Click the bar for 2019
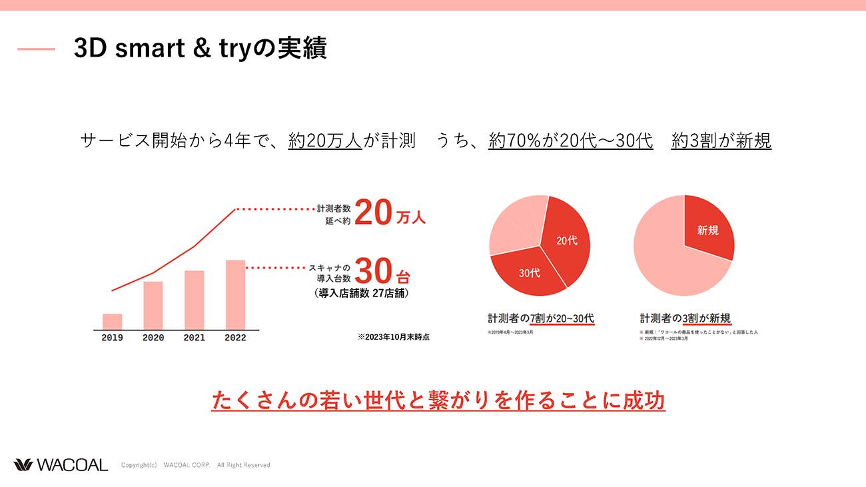pyautogui.click(x=112, y=321)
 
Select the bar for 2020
pyautogui.click(x=153, y=305)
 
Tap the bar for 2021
pyautogui.click(x=195, y=300)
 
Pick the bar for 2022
pyautogui.click(x=235, y=294)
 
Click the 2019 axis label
pyautogui.click(x=112, y=338)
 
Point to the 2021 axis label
pyautogui.click(x=195, y=338)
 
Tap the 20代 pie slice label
pyautogui.click(x=567, y=241)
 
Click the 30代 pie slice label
pyautogui.click(x=530, y=272)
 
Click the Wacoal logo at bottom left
pyautogui.click(x=61, y=465)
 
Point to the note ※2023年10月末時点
pyautogui.click(x=393, y=337)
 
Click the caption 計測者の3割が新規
pyautogui.click(x=685, y=318)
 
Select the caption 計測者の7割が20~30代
pyautogui.click(x=541, y=318)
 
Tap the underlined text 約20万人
pyautogui.click(x=325, y=141)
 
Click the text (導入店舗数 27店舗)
pyautogui.click(x=361, y=293)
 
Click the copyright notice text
pyautogui.click(x=195, y=465)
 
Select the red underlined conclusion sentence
pyautogui.click(x=438, y=401)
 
